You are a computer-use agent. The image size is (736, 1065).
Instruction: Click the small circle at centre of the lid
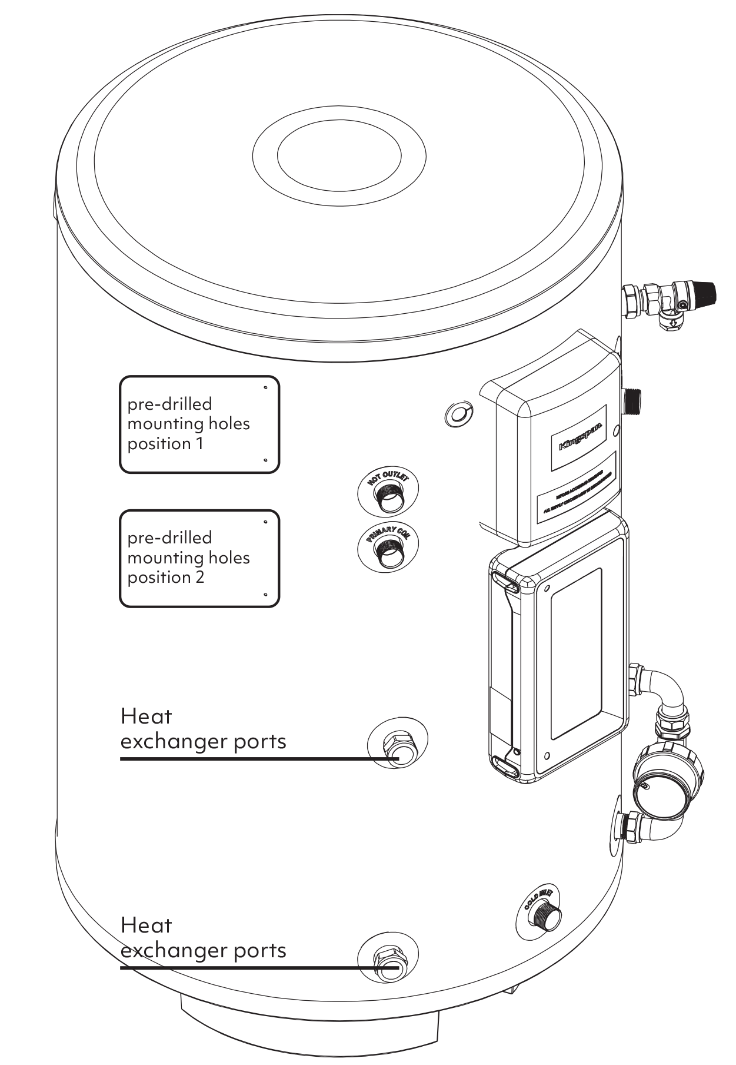click(339, 157)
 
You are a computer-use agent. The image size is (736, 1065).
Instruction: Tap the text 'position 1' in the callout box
click(165, 443)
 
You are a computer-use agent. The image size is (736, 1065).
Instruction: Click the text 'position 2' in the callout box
click(165, 577)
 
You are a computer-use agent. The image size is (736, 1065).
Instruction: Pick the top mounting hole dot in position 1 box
click(265, 387)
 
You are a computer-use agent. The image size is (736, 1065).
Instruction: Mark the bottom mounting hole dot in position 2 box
click(265, 595)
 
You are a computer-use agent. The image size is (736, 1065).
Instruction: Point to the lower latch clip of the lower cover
click(507, 767)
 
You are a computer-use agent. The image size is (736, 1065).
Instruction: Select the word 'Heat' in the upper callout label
click(146, 716)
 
